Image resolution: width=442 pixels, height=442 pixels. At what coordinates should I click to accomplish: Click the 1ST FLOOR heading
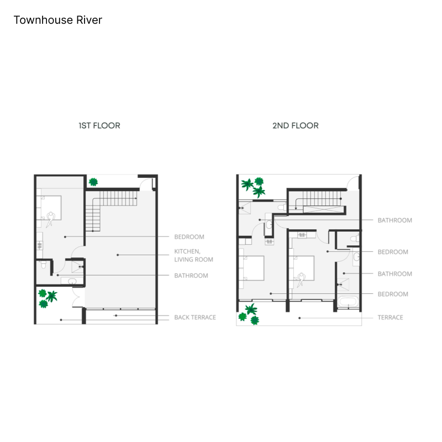[99, 125]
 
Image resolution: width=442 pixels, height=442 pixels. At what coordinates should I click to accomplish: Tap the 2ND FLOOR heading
[296, 125]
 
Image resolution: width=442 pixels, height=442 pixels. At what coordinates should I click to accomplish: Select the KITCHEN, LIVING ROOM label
[193, 255]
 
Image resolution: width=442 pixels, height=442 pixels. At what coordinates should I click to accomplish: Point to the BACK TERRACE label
[195, 317]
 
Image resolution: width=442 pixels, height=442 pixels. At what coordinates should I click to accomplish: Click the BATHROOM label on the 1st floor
[191, 276]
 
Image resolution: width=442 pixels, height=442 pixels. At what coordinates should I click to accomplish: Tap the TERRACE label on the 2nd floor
[390, 317]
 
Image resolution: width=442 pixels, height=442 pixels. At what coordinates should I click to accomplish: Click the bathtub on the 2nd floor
[348, 302]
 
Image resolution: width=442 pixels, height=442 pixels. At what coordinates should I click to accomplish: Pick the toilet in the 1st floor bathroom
[44, 265]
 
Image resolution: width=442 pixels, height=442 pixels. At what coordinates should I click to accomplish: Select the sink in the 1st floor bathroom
[72, 281]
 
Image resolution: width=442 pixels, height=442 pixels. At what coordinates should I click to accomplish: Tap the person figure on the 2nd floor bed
[301, 280]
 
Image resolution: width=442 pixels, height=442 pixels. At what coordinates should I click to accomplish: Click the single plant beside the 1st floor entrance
[93, 182]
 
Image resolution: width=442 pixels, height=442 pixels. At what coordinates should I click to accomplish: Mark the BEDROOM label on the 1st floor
[189, 237]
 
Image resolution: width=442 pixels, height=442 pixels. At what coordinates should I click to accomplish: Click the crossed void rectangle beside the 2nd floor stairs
[324, 209]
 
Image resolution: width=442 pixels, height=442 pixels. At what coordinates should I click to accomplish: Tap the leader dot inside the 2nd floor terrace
[299, 318]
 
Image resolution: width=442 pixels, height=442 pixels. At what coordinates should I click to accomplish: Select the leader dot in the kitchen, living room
[118, 255]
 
